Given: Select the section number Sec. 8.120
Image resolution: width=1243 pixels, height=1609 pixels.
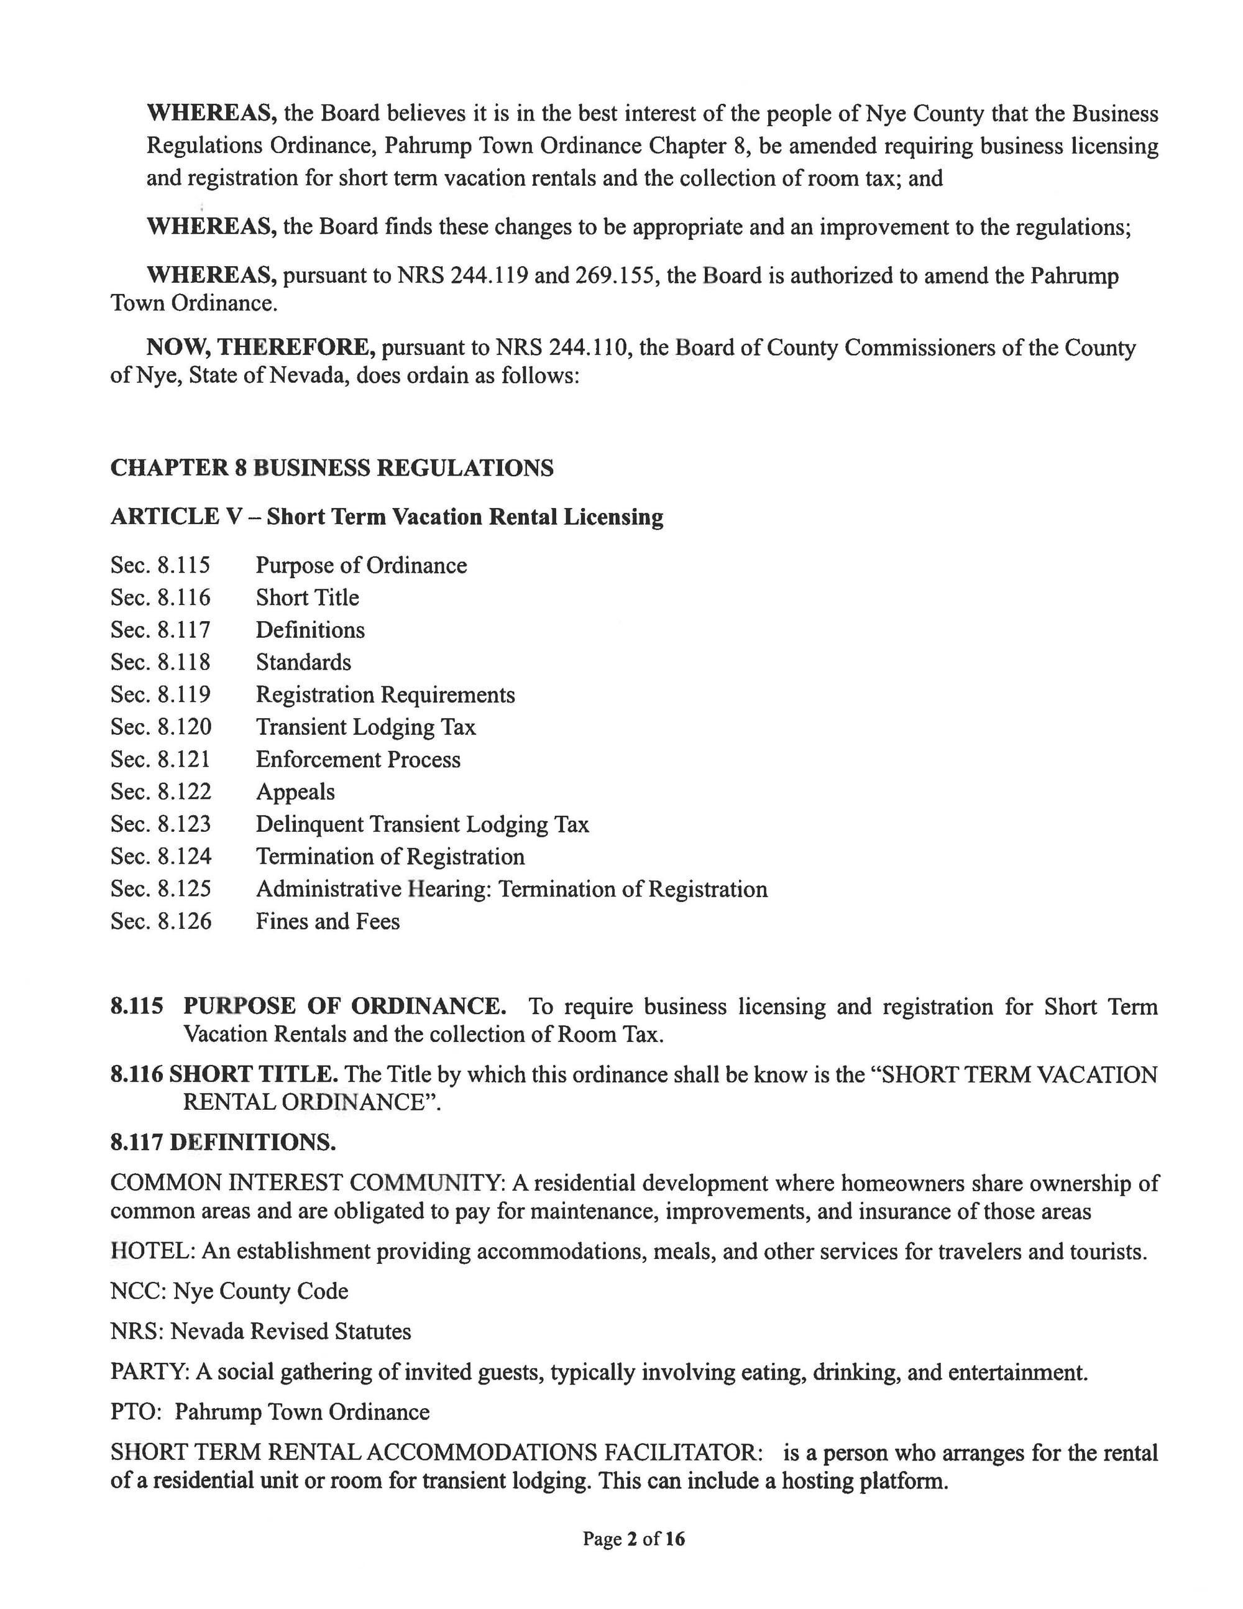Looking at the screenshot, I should [x=160, y=727].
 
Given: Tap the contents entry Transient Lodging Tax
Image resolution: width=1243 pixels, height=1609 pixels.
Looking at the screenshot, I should [x=365, y=727].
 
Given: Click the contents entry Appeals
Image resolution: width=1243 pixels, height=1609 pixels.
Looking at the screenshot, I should [x=295, y=792].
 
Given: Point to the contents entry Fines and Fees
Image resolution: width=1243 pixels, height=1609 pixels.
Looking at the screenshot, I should [x=328, y=921].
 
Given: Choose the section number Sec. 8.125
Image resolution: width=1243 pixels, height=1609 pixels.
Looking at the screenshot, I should [x=160, y=889].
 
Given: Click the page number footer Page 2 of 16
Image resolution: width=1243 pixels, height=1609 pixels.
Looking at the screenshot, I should [x=633, y=1538].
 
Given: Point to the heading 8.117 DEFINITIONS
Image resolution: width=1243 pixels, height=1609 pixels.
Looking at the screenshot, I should [x=223, y=1143].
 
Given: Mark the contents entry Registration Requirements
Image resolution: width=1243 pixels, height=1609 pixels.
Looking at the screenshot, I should [x=385, y=694].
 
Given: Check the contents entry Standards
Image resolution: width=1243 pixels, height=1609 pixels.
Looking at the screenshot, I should [x=303, y=662].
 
